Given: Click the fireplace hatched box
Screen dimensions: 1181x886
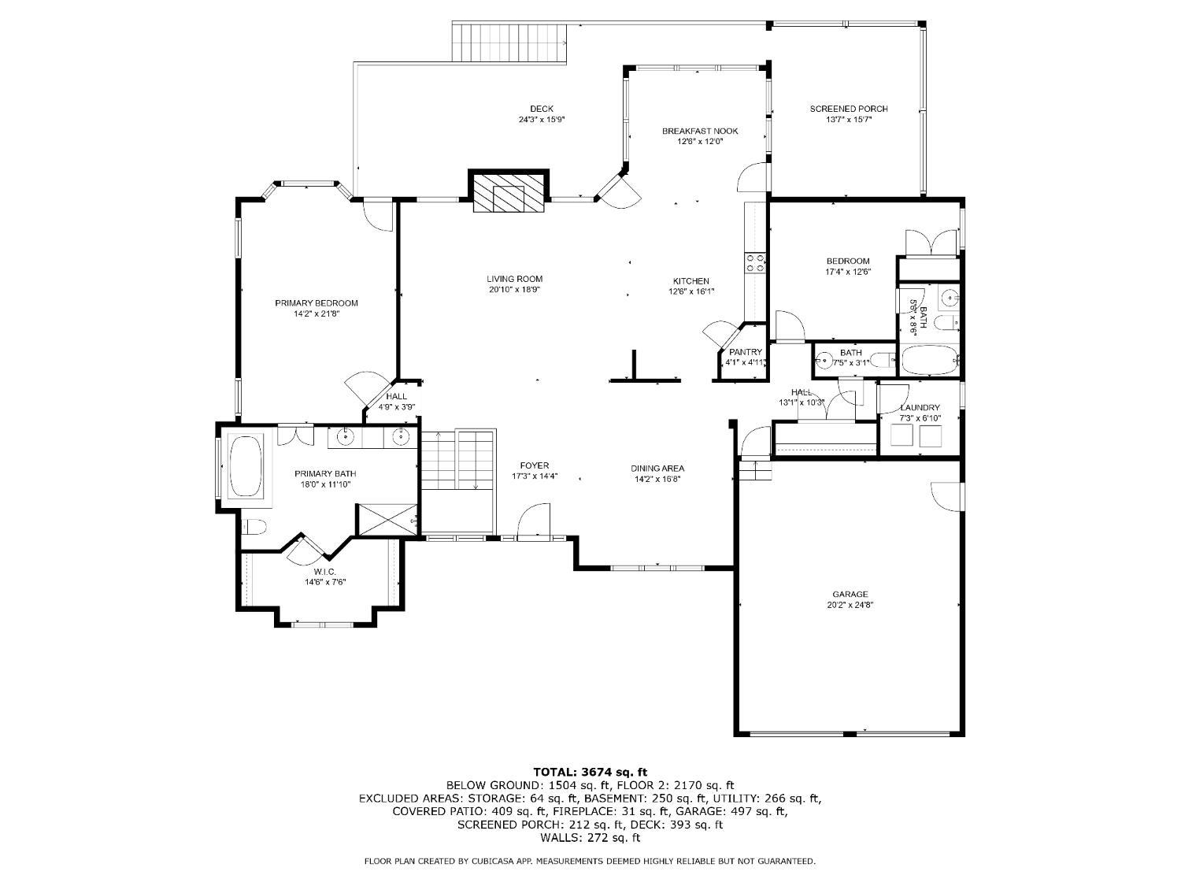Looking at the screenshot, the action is pos(508,192).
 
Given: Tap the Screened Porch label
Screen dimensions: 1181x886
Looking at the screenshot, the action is pos(849,109).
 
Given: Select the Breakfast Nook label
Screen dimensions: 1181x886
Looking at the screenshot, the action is pos(699,132).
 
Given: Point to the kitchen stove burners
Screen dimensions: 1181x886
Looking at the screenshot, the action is pos(754,262).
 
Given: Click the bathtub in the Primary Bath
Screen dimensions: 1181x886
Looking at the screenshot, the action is pos(246,465).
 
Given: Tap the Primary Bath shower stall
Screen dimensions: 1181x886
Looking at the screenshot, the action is pos(387,520).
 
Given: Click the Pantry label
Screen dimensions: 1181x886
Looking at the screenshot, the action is pos(746,352).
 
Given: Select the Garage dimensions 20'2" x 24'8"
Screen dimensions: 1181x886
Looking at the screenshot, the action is pos(850,605).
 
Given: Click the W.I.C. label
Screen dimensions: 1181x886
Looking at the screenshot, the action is pos(325,571).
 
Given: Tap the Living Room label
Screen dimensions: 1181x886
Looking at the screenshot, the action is pos(514,280).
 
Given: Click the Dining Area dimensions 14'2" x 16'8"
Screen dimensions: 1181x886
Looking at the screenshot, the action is pos(657,479).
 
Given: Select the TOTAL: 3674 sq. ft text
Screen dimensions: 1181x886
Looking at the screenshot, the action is pos(590,773).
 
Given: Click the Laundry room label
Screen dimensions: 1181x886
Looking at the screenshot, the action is pos(920,408).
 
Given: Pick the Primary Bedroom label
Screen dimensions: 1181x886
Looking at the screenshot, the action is pos(317,303).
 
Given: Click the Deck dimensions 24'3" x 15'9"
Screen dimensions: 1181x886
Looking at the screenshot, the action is pos(541,120).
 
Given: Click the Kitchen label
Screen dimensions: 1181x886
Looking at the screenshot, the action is pos(690,281).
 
